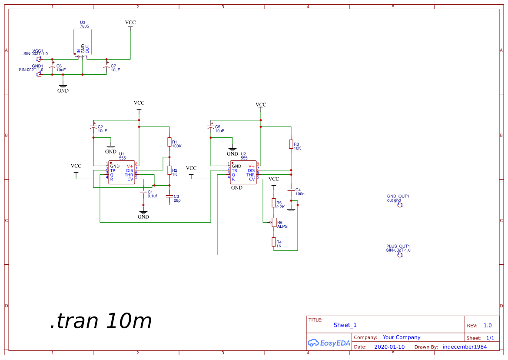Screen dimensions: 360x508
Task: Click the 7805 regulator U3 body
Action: click(83, 42)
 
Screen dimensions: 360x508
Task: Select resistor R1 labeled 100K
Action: click(169, 142)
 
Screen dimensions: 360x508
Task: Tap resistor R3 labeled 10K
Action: click(291, 144)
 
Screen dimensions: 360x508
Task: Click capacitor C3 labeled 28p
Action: click(169, 197)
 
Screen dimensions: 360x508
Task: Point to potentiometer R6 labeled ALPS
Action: click(274, 223)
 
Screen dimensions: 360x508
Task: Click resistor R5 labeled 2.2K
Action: click(274, 203)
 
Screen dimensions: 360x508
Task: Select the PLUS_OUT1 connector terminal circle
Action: click(400, 255)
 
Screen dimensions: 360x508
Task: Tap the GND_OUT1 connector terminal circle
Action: click(400, 205)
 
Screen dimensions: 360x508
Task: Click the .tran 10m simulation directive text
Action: click(100, 321)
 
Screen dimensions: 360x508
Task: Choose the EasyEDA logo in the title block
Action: click(329, 343)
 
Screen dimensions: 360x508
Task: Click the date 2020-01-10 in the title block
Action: click(389, 347)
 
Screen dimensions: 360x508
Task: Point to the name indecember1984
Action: click(465, 347)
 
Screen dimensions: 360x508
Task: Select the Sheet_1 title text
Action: click(345, 325)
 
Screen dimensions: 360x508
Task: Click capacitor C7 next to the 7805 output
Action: click(106, 67)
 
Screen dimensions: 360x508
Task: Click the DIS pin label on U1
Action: click(129, 170)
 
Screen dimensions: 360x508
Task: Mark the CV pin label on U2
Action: click(252, 179)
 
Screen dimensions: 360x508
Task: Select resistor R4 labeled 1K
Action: click(274, 242)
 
